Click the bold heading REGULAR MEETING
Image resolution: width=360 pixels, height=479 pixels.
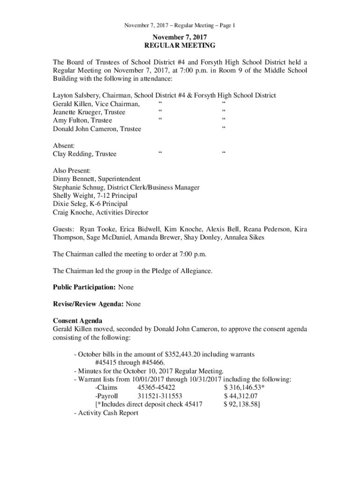click(x=180, y=45)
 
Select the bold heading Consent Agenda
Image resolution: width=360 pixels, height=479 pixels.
click(x=77, y=321)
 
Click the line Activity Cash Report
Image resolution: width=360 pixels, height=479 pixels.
click(x=108, y=413)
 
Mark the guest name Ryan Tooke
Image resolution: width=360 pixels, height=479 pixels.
click(x=97, y=230)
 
